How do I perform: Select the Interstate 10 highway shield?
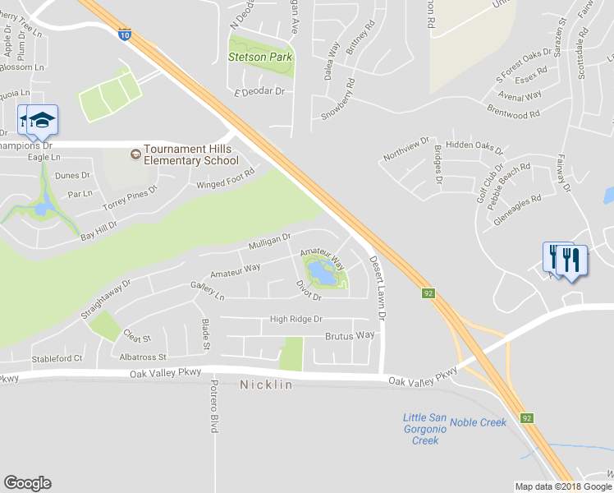click(x=124, y=34)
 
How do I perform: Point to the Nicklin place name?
click(x=266, y=385)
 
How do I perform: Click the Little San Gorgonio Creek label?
click(x=425, y=429)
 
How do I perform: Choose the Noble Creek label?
click(x=479, y=422)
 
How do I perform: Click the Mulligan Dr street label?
click(x=270, y=242)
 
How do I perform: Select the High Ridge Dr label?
click(x=296, y=319)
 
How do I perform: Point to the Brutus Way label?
click(x=350, y=335)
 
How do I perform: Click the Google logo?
click(x=27, y=483)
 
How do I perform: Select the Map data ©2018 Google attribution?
click(x=562, y=486)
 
